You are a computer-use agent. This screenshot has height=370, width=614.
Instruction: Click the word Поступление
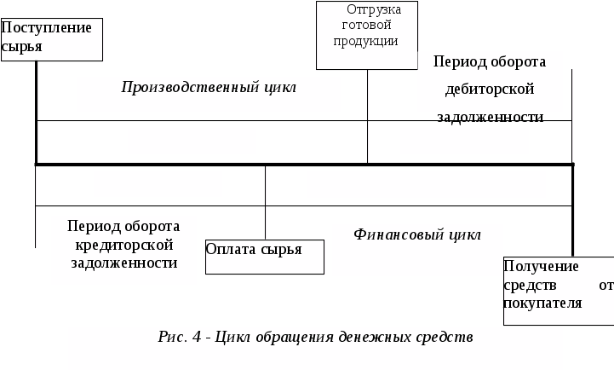[46, 27]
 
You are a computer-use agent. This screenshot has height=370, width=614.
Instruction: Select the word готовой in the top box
[366, 25]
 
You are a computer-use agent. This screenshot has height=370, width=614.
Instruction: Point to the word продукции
[366, 41]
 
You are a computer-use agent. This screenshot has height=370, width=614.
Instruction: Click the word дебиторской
[490, 88]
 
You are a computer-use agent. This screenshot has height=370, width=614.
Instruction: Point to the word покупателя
[542, 303]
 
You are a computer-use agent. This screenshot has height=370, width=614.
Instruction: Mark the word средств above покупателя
[527, 285]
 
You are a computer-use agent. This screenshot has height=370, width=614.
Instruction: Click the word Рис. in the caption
[172, 336]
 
